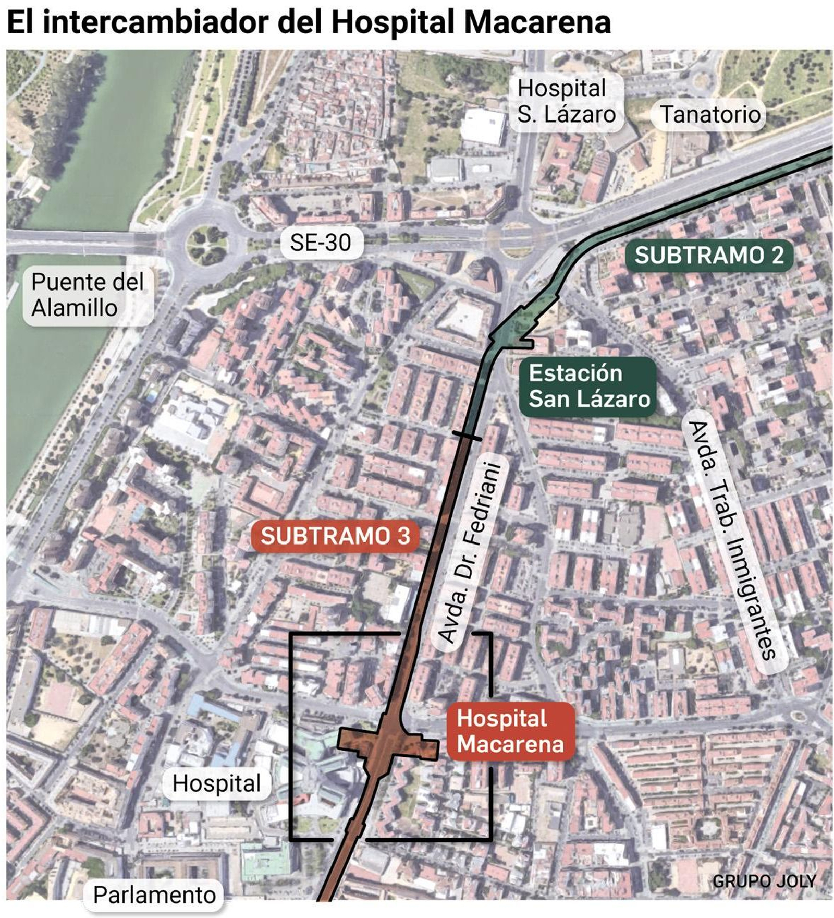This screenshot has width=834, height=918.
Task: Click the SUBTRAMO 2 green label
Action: pyautogui.click(x=709, y=256)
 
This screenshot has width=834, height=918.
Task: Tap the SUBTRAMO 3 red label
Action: pyautogui.click(x=335, y=536)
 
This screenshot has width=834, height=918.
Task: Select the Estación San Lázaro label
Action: pyautogui.click(x=588, y=386)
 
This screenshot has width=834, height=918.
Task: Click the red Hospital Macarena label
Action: pyautogui.click(x=510, y=731)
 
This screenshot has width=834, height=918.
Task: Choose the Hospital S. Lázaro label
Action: pyautogui.click(x=566, y=102)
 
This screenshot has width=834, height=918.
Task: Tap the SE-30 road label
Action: pyautogui.click(x=321, y=243)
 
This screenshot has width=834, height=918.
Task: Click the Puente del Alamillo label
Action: pyautogui.click(x=87, y=295)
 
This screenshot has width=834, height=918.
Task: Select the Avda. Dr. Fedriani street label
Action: pyautogui.click(x=470, y=553)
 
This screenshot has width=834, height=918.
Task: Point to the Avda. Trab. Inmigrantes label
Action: pyautogui.click(x=732, y=540)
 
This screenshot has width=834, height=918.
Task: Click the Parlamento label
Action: pyautogui.click(x=154, y=895)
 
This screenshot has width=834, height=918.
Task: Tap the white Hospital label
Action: pyautogui.click(x=216, y=783)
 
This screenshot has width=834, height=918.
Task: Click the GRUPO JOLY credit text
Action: pyautogui.click(x=764, y=881)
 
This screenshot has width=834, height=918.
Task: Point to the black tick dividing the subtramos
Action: pyautogui.click(x=467, y=436)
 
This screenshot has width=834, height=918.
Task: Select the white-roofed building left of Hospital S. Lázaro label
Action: pyautogui.click(x=483, y=127)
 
